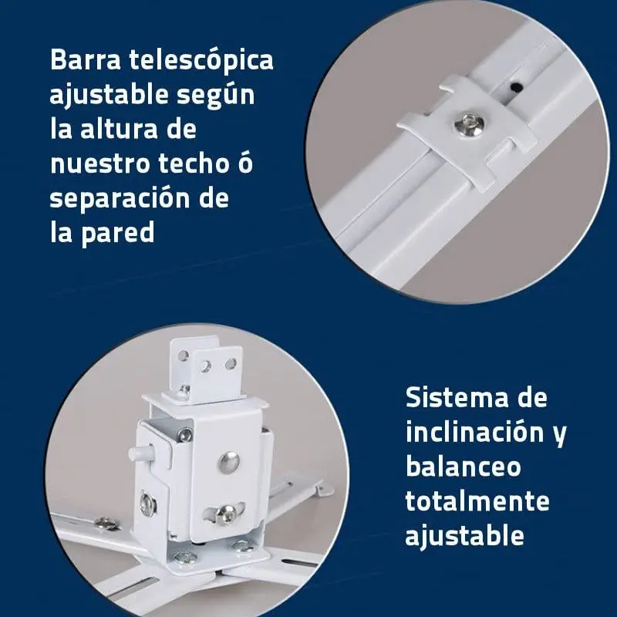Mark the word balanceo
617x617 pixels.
[463, 467]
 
